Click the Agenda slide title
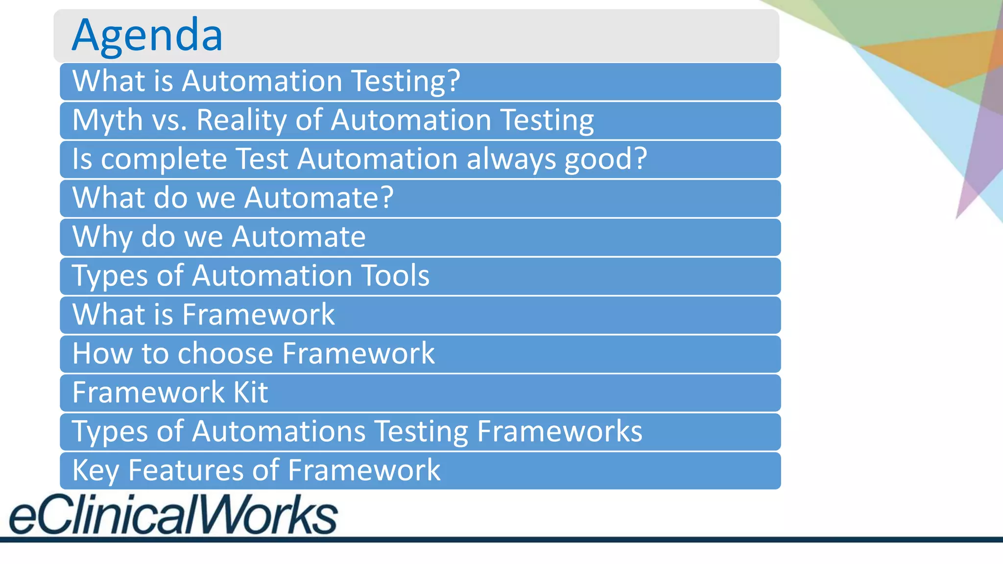[147, 35]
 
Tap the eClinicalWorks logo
[173, 514]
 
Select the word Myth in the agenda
[107, 120]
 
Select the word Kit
[250, 392]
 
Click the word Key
[96, 470]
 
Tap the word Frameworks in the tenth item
[559, 431]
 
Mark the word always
[511, 159]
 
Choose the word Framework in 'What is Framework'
[259, 314]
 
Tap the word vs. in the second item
[169, 120]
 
